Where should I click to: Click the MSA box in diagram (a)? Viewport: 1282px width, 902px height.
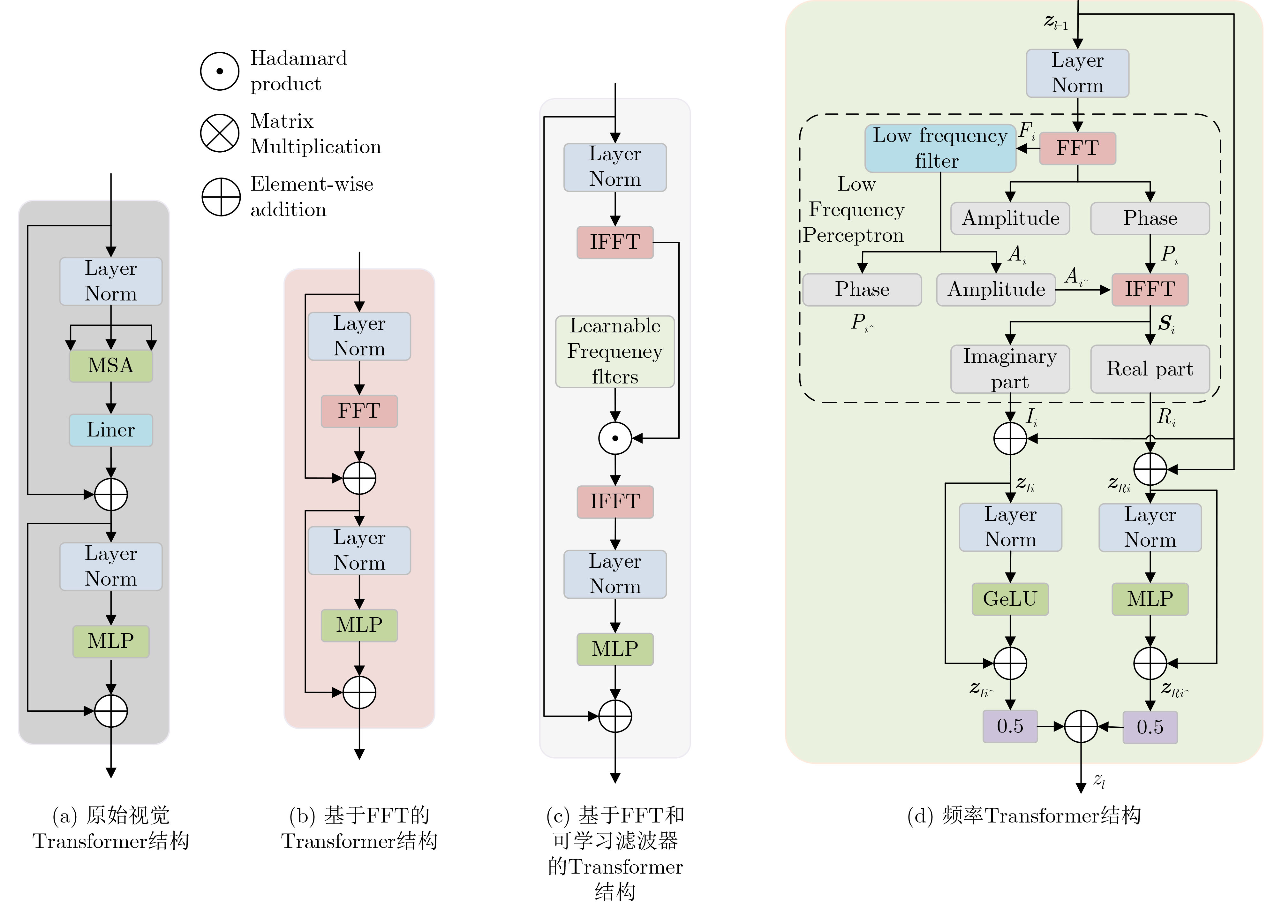tap(110, 366)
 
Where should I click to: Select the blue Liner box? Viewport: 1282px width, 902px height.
tap(110, 430)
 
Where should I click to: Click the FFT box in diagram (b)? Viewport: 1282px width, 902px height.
tap(359, 411)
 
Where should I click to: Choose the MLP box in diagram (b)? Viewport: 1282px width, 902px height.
tap(359, 625)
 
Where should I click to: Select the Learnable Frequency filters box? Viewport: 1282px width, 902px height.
tap(615, 351)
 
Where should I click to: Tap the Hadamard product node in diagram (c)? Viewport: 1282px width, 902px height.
tap(615, 438)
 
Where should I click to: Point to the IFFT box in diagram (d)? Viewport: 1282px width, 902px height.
tap(1150, 289)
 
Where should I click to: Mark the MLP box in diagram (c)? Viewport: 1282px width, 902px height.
tap(615, 649)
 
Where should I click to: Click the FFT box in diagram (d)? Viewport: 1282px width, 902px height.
tap(1077, 148)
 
